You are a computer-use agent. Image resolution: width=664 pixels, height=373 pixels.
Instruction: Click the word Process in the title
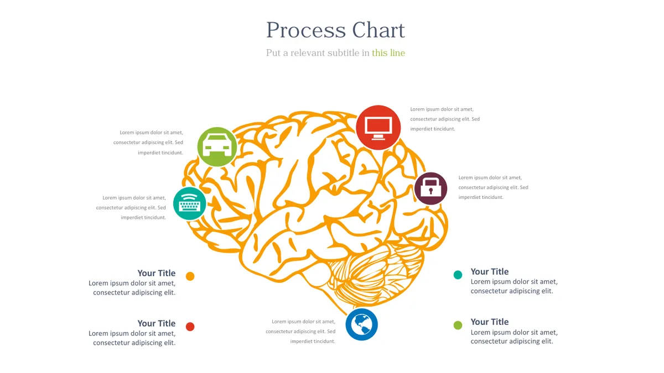306,30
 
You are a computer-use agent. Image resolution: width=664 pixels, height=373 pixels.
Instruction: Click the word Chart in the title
378,30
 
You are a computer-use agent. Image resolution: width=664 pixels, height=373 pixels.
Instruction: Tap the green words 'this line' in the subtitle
388,52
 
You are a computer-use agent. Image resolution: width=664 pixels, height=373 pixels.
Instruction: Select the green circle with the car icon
217,147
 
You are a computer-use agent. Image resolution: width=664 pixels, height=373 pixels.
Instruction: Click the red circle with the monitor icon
378,128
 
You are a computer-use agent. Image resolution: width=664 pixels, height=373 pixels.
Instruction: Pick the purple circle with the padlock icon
430,188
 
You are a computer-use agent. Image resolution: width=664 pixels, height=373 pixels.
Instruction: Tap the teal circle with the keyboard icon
190,204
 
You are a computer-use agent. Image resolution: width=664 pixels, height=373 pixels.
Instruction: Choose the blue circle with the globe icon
362,324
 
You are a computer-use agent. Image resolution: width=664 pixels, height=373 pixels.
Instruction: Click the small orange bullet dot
190,276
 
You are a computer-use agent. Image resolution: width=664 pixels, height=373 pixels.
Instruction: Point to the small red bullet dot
190,327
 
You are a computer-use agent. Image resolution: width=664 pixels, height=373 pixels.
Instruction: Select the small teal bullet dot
458,275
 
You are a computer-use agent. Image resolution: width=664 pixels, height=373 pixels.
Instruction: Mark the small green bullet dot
458,325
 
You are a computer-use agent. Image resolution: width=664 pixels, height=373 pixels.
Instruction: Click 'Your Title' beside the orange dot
157,273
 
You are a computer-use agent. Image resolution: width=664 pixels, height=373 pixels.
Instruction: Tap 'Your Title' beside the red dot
157,323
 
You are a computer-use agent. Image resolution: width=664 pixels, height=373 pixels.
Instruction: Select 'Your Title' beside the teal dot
490,271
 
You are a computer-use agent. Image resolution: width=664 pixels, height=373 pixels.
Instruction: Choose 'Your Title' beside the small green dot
490,322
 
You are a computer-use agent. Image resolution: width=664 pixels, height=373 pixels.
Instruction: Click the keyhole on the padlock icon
430,191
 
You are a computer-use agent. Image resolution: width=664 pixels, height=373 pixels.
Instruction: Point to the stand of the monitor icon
378,137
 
